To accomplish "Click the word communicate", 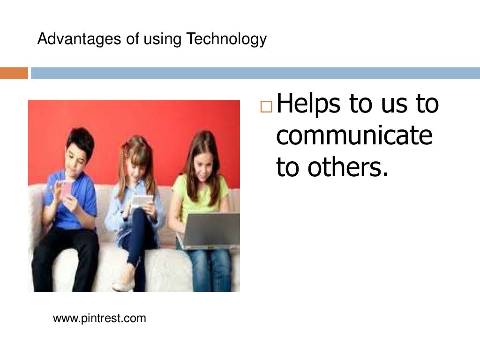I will (x=354, y=135).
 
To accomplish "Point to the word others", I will (x=348, y=167).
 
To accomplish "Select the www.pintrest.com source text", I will (x=99, y=319).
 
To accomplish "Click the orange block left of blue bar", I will (x=14, y=74).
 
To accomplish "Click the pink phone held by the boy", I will (x=67, y=187).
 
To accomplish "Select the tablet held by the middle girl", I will (x=141, y=201).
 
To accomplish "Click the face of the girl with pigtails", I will (x=136, y=162).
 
